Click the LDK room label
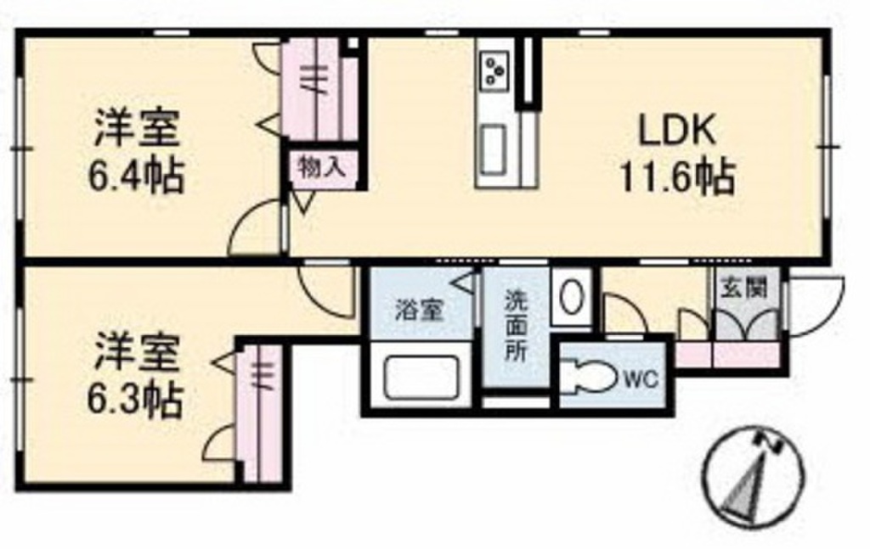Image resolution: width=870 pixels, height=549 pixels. tap(679, 133)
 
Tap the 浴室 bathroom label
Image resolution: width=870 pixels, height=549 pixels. tap(418, 311)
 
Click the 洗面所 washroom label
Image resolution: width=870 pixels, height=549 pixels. tap(516, 327)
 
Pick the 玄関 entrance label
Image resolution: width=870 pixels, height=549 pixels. tap(744, 287)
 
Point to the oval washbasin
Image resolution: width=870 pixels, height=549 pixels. tap(573, 296)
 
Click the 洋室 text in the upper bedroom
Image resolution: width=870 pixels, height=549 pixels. tap(136, 132)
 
